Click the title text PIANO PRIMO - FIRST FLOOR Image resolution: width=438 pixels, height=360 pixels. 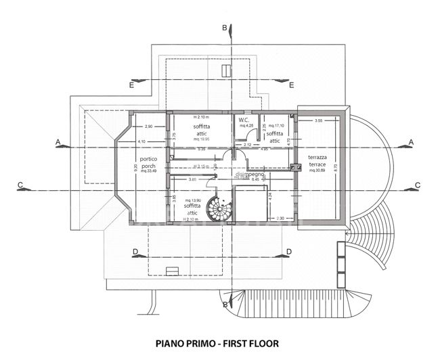(x=217, y=343)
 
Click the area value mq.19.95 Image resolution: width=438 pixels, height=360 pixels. (x=201, y=139)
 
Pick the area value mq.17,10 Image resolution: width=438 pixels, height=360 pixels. (x=276, y=125)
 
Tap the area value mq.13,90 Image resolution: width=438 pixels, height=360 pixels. (x=192, y=201)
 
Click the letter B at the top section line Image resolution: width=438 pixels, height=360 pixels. (x=225, y=28)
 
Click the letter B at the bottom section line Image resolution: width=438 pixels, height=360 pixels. (x=225, y=305)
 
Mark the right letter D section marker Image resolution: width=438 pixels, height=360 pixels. (x=289, y=252)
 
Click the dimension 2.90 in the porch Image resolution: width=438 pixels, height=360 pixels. (x=149, y=127)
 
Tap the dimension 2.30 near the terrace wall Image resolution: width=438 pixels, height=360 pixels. (x=280, y=218)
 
